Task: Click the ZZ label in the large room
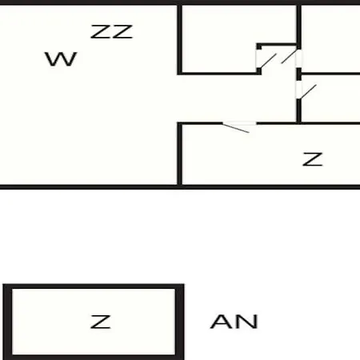(111, 32)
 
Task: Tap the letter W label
(61, 59)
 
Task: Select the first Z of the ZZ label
(101, 32)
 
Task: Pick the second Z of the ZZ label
(122, 32)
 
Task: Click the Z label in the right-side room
(313, 159)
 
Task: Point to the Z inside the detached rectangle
(101, 322)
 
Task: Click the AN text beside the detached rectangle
(234, 322)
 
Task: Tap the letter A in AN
(222, 322)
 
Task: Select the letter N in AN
(246, 322)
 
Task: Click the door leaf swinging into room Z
(236, 128)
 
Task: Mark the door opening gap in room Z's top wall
(239, 123)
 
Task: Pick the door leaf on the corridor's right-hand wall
(308, 92)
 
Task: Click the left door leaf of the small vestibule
(268, 61)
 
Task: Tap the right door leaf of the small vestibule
(289, 57)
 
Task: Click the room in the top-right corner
(330, 38)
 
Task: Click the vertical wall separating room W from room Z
(180, 154)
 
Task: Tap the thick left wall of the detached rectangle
(7, 322)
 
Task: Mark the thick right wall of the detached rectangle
(180, 322)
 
